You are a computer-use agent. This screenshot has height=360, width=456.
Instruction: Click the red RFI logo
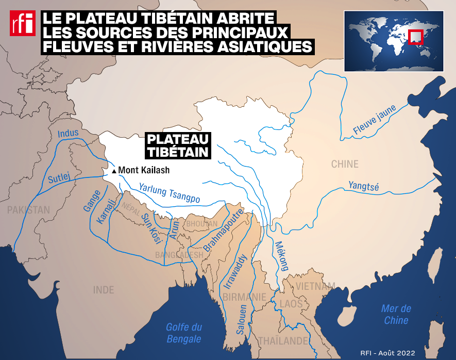pos(22,24)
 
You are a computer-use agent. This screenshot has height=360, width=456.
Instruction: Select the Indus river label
pos(68,133)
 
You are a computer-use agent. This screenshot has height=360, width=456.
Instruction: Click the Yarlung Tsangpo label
pos(170,192)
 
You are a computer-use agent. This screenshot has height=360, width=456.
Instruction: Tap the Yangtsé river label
pos(363,186)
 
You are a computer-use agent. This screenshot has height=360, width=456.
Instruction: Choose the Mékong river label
pos(281,256)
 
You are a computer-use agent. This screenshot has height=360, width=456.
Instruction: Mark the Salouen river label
pos(242,320)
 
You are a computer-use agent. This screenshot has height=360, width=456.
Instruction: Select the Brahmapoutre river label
pos(223,230)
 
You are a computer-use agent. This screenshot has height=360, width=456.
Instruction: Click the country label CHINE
pos(345,165)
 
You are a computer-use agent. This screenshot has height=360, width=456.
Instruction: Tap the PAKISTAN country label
pos(28,210)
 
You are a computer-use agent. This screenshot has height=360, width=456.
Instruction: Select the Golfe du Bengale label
pos(184,333)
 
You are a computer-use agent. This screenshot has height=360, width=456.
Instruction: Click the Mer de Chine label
pos(396,314)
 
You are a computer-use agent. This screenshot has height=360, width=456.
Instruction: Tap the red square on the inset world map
pos(415,37)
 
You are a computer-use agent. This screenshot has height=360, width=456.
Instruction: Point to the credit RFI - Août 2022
pos(388,353)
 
